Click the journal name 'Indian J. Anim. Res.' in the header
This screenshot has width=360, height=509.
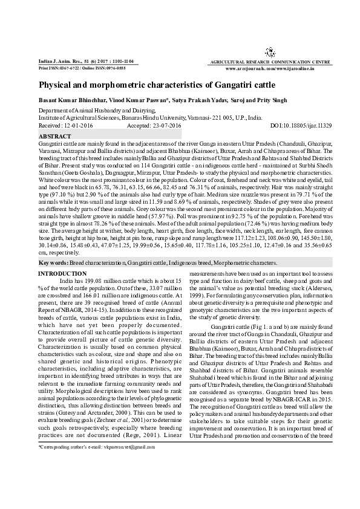(x=55, y=61)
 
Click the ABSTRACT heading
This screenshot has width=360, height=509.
(x=54, y=137)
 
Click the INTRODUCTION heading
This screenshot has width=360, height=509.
(x=62, y=274)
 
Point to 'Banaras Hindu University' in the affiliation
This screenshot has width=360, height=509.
(x=154, y=118)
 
